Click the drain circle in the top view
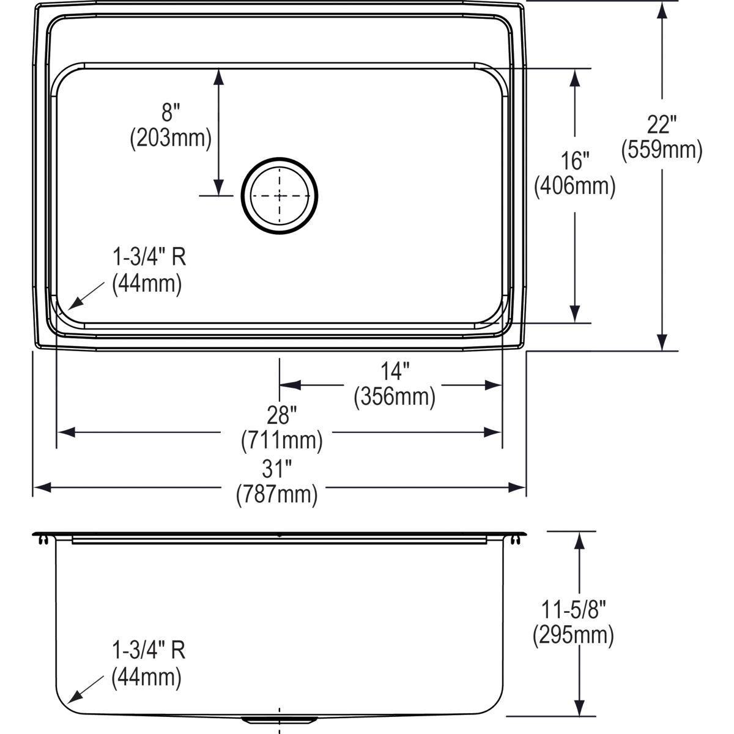pyautogui.click(x=280, y=196)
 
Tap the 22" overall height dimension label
pyautogui.click(x=661, y=125)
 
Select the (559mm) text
pyautogui.click(x=661, y=150)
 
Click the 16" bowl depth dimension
pyautogui.click(x=574, y=161)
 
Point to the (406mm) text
pyautogui.click(x=574, y=186)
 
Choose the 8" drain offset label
pyautogui.click(x=171, y=113)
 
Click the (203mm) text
pyautogui.click(x=171, y=138)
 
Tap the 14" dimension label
pyautogui.click(x=394, y=371)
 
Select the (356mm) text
pyautogui.click(x=395, y=397)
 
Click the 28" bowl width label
pyautogui.click(x=281, y=415)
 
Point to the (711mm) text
pyautogui.click(x=281, y=440)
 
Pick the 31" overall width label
pyautogui.click(x=277, y=470)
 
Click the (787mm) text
pyautogui.click(x=277, y=495)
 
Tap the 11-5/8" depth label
pyautogui.click(x=573, y=610)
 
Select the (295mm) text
pyautogui.click(x=573, y=636)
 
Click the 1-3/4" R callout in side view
pyautogui.click(x=149, y=651)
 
